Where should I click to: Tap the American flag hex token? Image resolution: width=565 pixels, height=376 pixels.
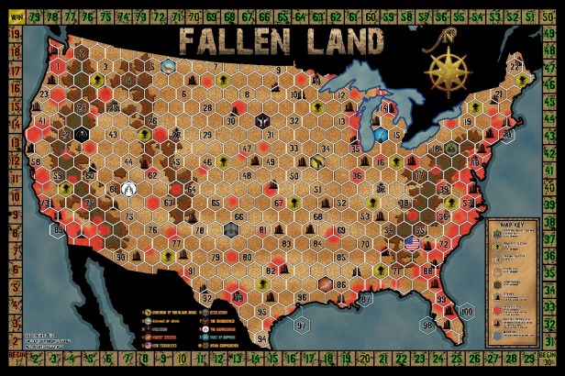pos(410,242)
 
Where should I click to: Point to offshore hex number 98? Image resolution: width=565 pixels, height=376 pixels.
pos(427,325)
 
